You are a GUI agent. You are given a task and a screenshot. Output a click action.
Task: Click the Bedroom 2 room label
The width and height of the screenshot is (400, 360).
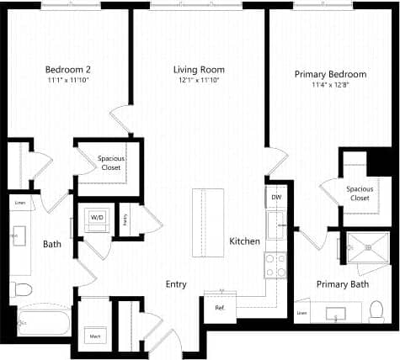pyautogui.click(x=67, y=68)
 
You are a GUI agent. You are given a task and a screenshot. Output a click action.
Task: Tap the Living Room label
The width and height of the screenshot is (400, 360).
pyautogui.click(x=199, y=69)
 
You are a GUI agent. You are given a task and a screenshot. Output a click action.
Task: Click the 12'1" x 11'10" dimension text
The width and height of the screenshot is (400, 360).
pyautogui.click(x=199, y=80)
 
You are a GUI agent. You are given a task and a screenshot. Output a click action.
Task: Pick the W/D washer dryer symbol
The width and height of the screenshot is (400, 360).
pyautogui.click(x=97, y=218)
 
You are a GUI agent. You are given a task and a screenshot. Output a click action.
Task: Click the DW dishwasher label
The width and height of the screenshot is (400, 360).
pyautogui.click(x=276, y=198)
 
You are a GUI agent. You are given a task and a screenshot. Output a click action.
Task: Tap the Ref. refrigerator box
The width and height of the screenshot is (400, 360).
pyautogui.click(x=220, y=307)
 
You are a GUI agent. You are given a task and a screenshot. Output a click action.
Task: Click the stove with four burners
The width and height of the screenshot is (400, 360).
pyautogui.click(x=276, y=265)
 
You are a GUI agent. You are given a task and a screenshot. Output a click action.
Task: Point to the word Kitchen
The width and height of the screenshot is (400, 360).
pyautogui.click(x=245, y=241)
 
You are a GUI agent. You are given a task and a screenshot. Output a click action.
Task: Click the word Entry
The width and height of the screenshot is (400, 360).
pyautogui.click(x=176, y=284)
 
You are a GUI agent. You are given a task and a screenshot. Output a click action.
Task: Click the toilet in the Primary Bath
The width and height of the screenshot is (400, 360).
pyautogui.click(x=376, y=311)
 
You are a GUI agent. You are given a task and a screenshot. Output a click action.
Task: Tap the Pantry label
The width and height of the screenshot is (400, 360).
pyautogui.click(x=125, y=220)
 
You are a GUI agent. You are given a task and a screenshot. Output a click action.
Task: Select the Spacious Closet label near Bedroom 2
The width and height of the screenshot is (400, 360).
pyautogui.click(x=109, y=162)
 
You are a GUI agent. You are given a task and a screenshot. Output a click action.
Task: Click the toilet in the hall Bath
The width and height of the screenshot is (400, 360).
pyautogui.click(x=21, y=289)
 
